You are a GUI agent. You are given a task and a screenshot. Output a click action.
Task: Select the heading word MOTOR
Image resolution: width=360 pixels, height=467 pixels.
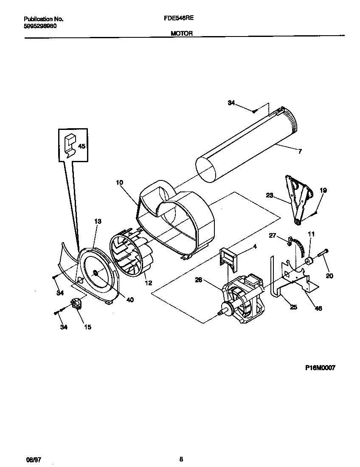point(182,33)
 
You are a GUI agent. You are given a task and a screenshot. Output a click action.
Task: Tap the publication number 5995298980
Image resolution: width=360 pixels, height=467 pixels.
point(40,26)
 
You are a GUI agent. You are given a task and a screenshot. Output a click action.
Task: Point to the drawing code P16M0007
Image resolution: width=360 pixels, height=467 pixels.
point(320,368)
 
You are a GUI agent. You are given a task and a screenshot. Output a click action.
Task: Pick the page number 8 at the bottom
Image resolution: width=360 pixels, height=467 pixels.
point(181,459)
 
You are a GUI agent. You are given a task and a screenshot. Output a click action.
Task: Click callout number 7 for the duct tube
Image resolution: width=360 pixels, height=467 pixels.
point(300,151)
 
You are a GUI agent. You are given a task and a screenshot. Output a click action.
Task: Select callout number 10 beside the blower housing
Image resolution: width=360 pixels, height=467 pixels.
point(119,182)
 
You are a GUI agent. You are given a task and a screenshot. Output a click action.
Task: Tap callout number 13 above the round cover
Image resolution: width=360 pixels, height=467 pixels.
point(98,221)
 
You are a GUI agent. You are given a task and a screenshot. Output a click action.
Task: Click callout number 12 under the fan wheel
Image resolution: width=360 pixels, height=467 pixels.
point(148,283)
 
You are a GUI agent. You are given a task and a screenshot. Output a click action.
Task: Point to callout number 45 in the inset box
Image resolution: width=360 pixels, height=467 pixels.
point(82,146)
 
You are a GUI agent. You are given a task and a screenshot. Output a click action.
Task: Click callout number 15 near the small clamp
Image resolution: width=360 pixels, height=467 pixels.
point(87,327)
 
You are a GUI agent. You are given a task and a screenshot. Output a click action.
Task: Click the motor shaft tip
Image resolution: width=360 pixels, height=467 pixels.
point(219,314)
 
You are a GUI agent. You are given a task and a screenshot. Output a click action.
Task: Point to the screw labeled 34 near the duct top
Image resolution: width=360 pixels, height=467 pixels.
point(254,111)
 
